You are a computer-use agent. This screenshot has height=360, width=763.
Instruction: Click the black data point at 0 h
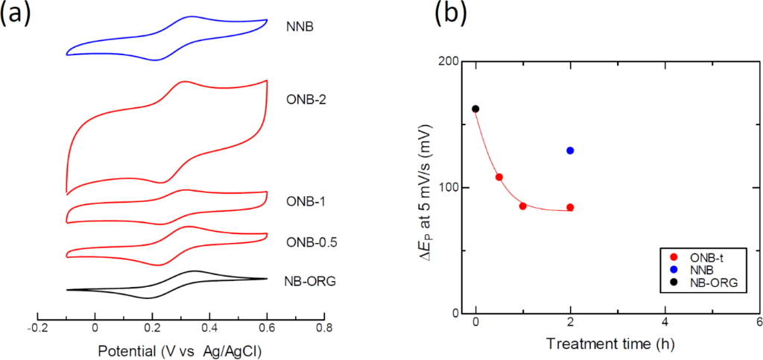pyautogui.click(x=475, y=109)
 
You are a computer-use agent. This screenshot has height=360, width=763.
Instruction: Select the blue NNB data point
pyautogui.click(x=570, y=151)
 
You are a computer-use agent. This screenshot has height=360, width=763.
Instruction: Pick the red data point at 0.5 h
pyautogui.click(x=499, y=177)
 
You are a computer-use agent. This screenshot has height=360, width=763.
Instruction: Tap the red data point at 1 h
pyautogui.click(x=523, y=206)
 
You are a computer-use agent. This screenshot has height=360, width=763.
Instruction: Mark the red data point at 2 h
pyautogui.click(x=570, y=207)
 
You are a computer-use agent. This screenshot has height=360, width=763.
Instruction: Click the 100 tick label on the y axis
pyautogui.click(x=449, y=187)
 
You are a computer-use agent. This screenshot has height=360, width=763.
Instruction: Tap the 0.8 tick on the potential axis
pyautogui.click(x=324, y=327)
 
